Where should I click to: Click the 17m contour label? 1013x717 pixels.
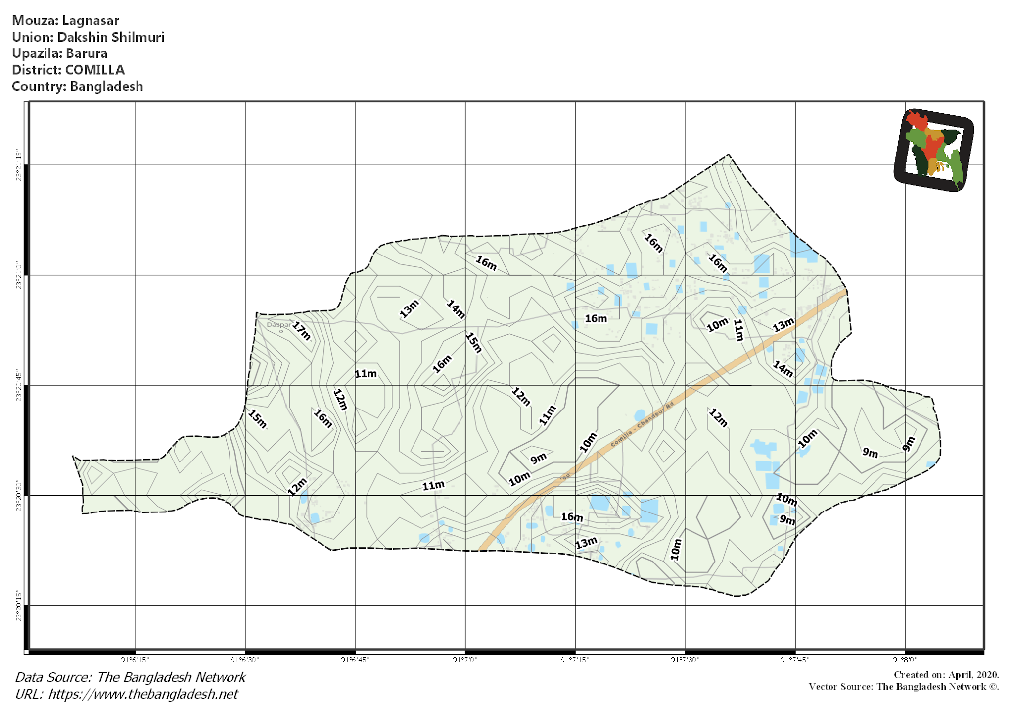(x=301, y=331)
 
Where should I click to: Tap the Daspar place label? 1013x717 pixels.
(x=278, y=325)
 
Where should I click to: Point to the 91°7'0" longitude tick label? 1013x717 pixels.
(x=465, y=660)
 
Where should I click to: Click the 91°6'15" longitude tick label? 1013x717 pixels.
(x=135, y=660)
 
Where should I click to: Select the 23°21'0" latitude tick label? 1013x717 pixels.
(x=19, y=275)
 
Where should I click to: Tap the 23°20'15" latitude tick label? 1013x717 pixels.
(x=19, y=605)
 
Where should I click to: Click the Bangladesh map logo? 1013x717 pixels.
(x=933, y=150)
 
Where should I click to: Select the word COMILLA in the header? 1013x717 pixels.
(x=95, y=70)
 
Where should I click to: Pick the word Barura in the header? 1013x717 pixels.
(x=87, y=53)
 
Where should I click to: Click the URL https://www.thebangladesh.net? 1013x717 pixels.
(x=143, y=694)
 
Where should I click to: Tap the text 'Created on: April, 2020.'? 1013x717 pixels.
(x=946, y=675)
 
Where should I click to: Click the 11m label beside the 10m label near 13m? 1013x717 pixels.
(x=738, y=330)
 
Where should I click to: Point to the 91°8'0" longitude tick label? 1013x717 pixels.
(x=905, y=660)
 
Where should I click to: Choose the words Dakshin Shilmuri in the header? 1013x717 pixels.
(x=111, y=37)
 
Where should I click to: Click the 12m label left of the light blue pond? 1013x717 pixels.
(x=297, y=487)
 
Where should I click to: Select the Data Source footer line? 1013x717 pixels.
(x=131, y=677)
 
